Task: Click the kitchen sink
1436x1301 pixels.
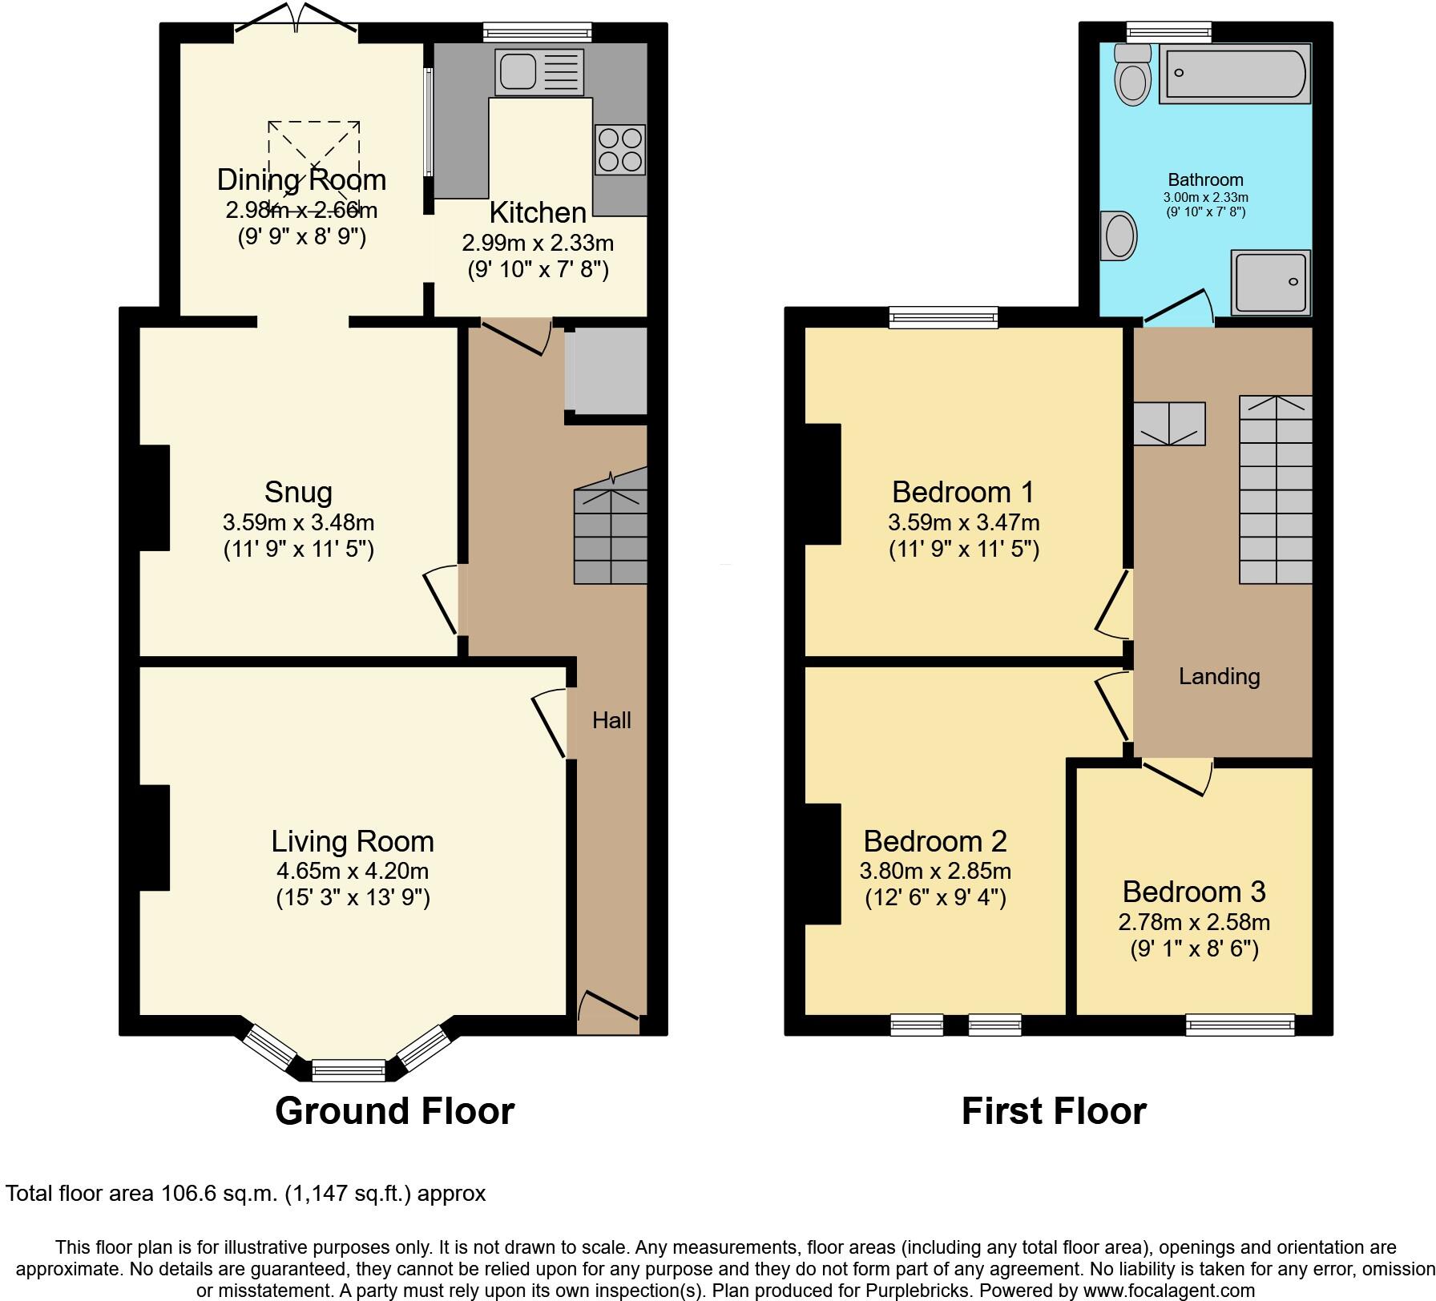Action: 520,70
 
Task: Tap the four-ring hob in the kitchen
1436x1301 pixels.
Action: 620,150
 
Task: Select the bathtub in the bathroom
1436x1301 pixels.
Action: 1234,75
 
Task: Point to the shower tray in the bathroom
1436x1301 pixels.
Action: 1272,282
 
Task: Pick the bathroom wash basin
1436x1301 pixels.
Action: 1119,236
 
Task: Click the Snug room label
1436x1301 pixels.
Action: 298,491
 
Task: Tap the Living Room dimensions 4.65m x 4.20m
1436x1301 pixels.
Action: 353,871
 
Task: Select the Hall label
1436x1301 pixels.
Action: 611,720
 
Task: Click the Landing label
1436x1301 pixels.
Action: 1219,677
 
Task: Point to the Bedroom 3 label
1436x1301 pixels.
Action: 1193,892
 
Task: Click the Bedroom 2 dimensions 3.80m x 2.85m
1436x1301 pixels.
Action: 935,871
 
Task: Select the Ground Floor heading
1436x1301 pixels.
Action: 394,1111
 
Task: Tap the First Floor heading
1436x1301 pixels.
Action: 1054,1111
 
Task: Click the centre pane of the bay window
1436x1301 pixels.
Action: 349,1069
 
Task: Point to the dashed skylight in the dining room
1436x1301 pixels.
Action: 313,166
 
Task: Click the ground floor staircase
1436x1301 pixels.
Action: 611,529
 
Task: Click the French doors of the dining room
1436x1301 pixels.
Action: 296,24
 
